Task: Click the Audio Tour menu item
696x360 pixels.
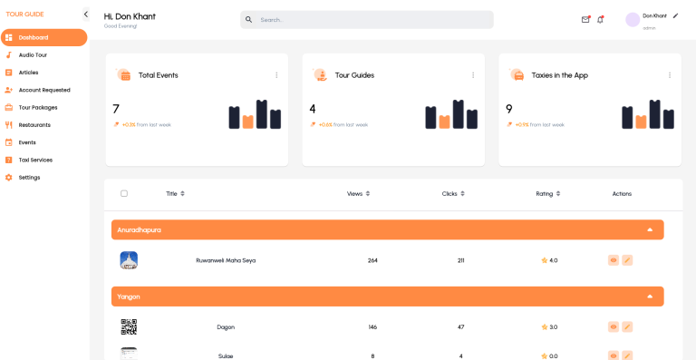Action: click(33, 55)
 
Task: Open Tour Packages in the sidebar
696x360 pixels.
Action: click(37, 107)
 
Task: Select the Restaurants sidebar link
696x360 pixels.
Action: click(34, 125)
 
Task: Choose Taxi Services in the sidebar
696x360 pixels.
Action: click(35, 160)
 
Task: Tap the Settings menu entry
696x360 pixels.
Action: click(29, 177)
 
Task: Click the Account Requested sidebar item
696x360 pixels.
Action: click(43, 90)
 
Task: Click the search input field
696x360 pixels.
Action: click(367, 19)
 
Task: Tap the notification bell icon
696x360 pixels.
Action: click(600, 19)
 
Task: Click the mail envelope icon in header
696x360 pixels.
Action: click(585, 19)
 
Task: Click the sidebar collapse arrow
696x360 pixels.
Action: click(85, 15)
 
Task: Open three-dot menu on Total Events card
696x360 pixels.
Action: click(276, 75)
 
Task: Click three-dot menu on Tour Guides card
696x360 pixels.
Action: click(473, 75)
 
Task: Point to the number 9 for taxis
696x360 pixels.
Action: click(509, 109)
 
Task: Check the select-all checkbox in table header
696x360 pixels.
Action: click(124, 193)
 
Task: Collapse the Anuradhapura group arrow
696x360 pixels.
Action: click(650, 229)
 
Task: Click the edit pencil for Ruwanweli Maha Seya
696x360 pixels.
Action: click(627, 260)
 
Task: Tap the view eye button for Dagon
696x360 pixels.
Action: click(614, 326)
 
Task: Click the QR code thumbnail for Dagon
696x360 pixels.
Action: click(129, 326)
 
